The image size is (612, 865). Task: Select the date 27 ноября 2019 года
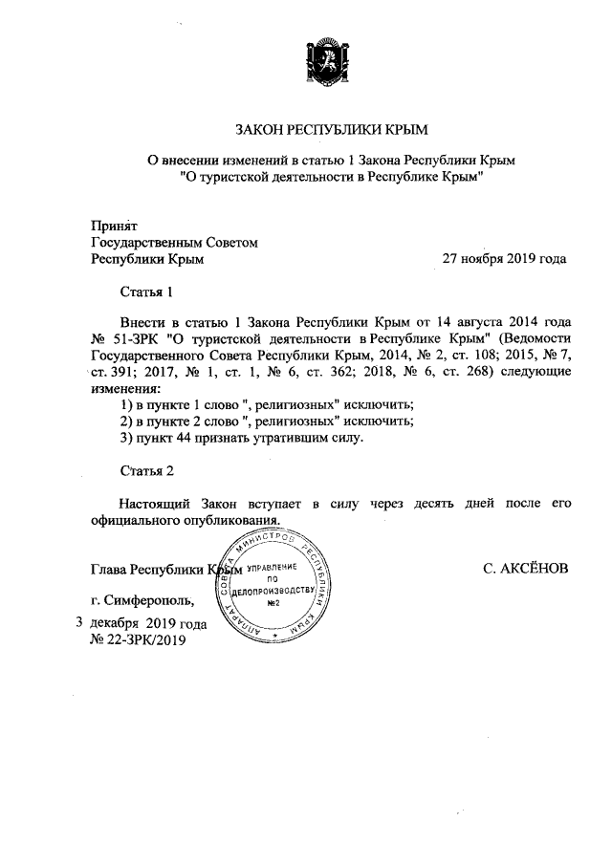[503, 258]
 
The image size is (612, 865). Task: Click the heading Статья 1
[146, 291]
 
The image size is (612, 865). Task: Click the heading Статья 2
[146, 471]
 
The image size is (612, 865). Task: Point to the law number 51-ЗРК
[137, 339]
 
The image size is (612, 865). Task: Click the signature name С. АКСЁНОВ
[526, 568]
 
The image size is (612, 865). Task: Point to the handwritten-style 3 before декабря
[78, 623]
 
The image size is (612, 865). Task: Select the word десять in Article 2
[427, 503]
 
